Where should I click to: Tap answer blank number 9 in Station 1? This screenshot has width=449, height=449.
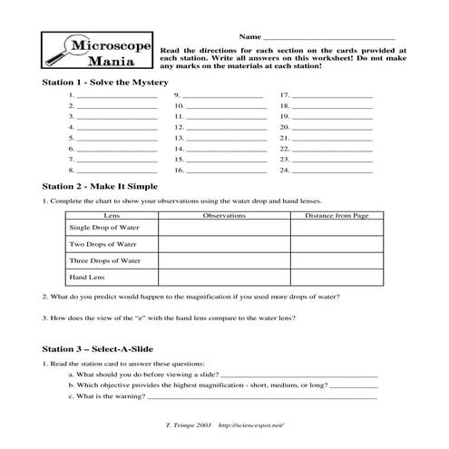click(x=224, y=94)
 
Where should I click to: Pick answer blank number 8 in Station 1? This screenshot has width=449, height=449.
click(x=117, y=170)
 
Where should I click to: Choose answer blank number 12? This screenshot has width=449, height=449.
click(x=224, y=127)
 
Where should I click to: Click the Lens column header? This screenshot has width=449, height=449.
click(x=112, y=216)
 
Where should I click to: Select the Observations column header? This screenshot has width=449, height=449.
click(x=224, y=216)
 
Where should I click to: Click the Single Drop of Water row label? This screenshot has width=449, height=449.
click(x=103, y=228)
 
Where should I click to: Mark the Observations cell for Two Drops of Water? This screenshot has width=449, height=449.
click(x=224, y=244)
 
